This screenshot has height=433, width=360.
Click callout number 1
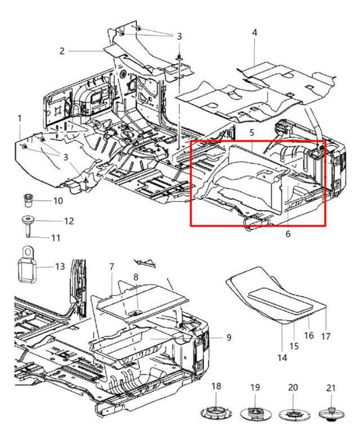[20, 118]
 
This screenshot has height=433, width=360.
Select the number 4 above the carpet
[255, 32]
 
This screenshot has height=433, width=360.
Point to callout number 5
[251, 134]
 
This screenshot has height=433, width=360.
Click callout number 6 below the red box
[288, 234]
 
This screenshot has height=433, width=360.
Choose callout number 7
[111, 268]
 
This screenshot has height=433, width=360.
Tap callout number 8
[135, 278]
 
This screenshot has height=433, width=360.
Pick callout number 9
[228, 337]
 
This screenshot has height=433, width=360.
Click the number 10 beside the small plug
[57, 201]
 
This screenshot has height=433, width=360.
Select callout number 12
[68, 221]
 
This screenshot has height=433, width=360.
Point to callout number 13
[59, 266]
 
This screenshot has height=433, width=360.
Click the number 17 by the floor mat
[326, 336]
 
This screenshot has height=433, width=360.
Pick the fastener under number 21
[330, 413]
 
